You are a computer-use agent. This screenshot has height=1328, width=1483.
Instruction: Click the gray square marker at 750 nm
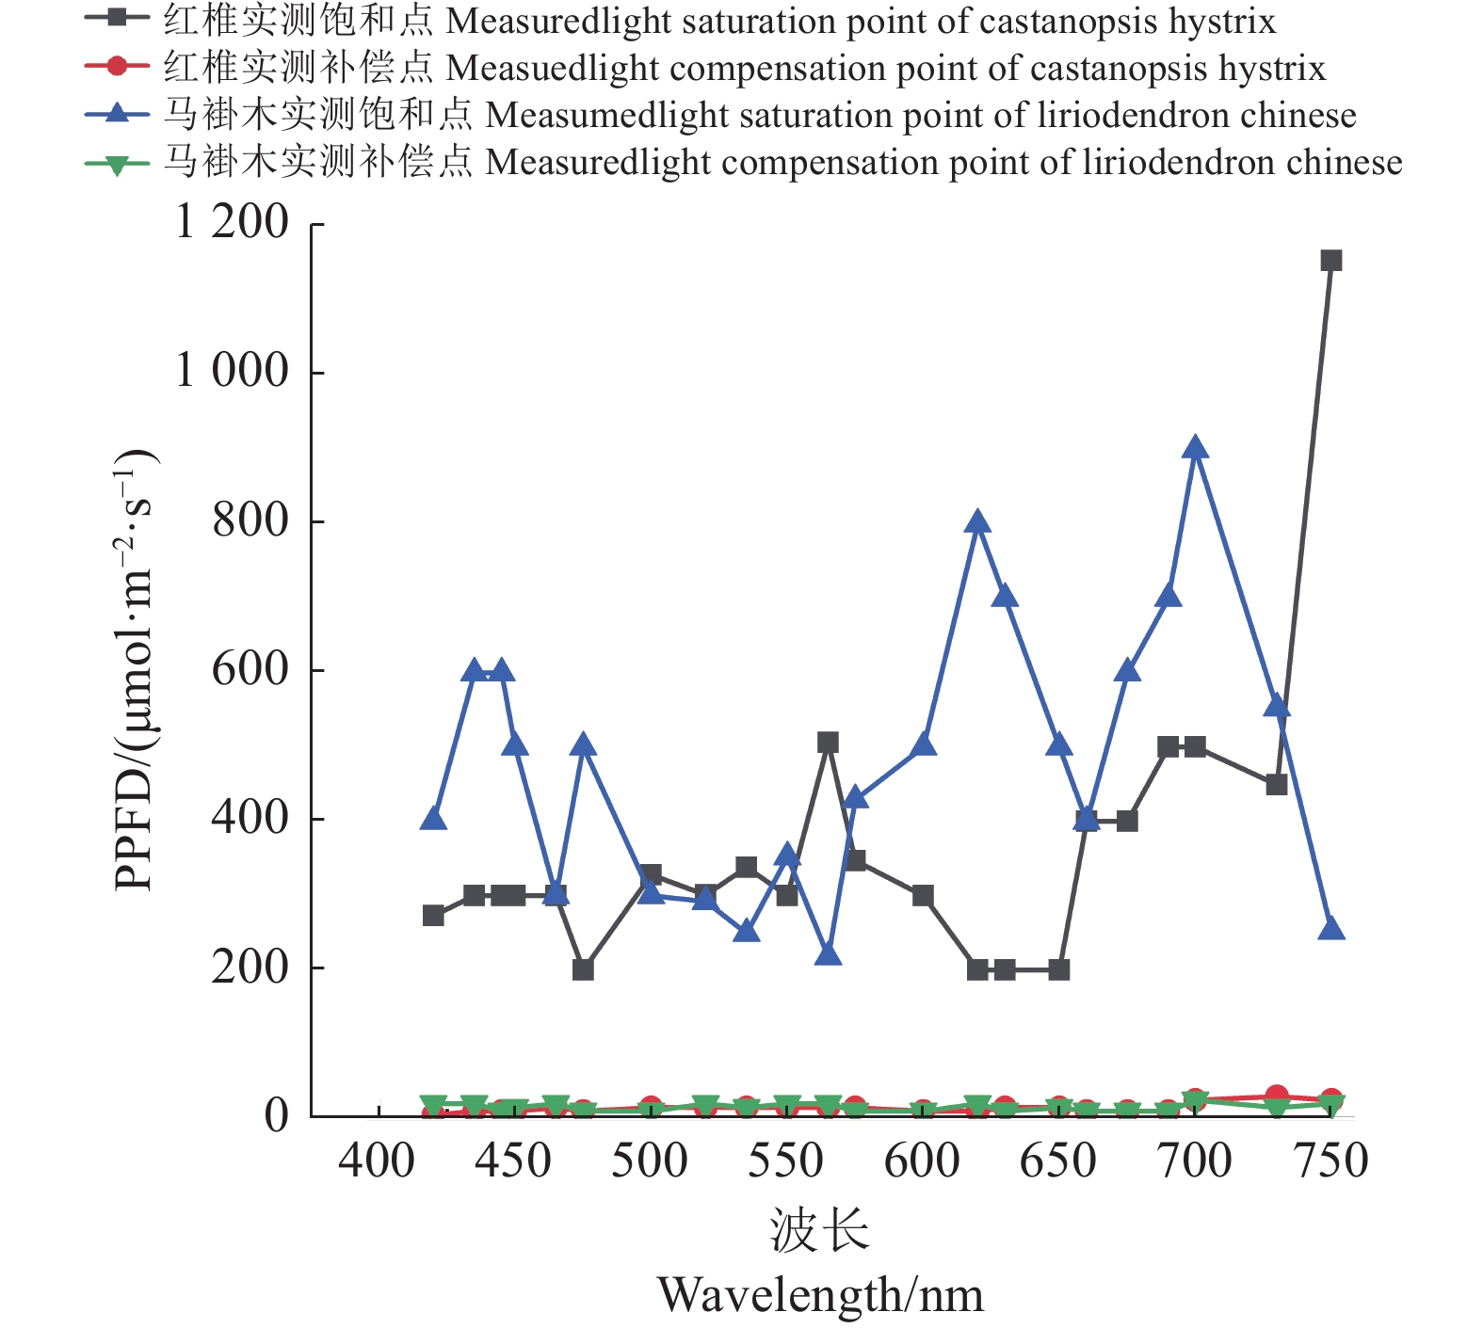[1330, 261]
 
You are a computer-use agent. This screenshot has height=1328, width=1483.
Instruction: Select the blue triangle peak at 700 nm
[1195, 448]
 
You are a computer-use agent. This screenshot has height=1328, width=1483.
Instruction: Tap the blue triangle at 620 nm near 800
[977, 522]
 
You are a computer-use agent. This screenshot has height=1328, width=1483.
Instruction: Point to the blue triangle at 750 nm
[1330, 929]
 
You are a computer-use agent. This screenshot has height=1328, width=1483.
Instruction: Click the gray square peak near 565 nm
[828, 744]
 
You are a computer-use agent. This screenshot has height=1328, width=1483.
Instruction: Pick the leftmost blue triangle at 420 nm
[433, 819]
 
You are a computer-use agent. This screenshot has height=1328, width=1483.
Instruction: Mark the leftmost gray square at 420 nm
[433, 916]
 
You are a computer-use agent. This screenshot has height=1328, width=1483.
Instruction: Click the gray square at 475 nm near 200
[583, 969]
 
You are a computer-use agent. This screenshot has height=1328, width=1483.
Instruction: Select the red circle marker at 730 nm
[1276, 1096]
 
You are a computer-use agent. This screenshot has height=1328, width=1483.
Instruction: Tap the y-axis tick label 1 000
[232, 372]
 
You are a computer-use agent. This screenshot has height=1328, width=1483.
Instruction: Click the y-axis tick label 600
[250, 670]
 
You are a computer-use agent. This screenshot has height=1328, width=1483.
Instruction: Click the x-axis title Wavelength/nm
[820, 1296]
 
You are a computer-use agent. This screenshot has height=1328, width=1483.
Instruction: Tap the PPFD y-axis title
[134, 670]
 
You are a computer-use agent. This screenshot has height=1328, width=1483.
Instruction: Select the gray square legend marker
[117, 19]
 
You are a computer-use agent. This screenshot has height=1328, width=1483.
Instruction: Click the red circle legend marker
[117, 66]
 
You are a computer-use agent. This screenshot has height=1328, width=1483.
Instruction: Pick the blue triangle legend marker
[117, 114]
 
